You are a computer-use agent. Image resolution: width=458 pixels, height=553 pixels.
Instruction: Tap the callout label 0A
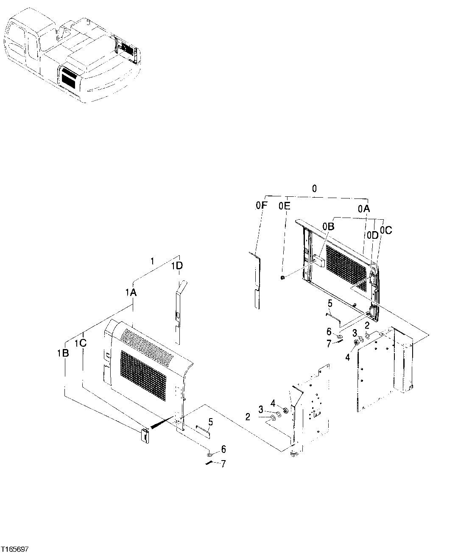[363, 208]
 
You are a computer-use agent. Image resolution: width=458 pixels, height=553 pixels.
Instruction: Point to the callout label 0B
[328, 227]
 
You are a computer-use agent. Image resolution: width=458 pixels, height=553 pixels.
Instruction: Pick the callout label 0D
[373, 235]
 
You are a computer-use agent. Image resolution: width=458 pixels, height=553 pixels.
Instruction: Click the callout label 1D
[177, 266]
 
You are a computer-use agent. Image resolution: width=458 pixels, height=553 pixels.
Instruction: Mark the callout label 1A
[131, 292]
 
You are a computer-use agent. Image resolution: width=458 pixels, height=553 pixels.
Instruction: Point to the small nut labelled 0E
[282, 278]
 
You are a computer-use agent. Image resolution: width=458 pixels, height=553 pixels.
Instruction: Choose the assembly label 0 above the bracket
[314, 189]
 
